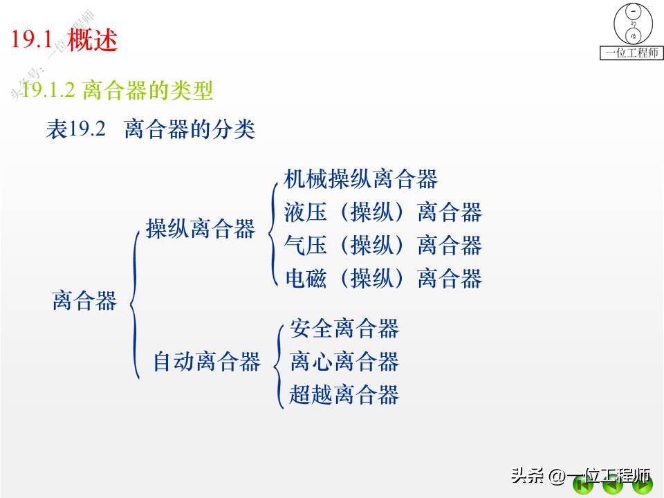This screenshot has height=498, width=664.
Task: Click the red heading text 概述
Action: (x=93, y=39)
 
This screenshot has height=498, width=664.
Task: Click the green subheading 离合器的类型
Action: (x=147, y=89)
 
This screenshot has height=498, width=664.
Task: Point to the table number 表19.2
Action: (x=75, y=129)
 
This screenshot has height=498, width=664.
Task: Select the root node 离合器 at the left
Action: (x=84, y=301)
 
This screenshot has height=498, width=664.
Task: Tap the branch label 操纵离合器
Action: (x=201, y=229)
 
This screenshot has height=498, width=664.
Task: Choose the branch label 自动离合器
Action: (x=206, y=361)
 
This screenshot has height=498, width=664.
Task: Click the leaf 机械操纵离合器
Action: (x=361, y=179)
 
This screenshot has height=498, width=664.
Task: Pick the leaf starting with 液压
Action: (x=382, y=212)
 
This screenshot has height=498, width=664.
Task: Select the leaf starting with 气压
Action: (x=382, y=245)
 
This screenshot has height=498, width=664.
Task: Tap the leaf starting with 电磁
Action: (x=382, y=278)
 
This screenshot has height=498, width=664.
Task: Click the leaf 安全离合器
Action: (x=344, y=328)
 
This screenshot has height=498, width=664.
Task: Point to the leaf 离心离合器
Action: (x=344, y=361)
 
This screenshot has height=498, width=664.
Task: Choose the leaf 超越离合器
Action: (x=344, y=394)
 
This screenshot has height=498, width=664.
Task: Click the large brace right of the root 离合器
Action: (x=136, y=304)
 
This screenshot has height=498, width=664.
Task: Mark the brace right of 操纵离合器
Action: (x=272, y=228)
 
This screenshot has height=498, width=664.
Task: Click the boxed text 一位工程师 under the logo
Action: (x=631, y=53)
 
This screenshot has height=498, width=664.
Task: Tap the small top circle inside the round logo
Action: (x=631, y=12)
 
